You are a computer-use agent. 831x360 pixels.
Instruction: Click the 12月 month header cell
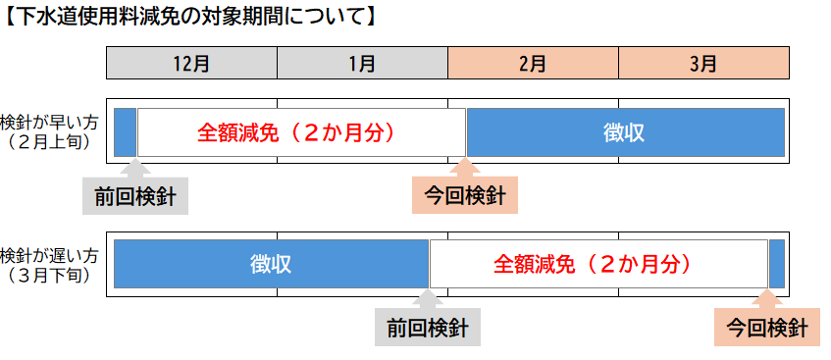pyautogui.click(x=191, y=64)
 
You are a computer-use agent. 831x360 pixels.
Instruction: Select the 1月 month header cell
pyautogui.click(x=362, y=64)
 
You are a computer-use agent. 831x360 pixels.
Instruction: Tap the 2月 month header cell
pyautogui.click(x=533, y=64)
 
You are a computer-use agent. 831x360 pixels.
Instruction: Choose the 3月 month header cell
pyautogui.click(x=703, y=64)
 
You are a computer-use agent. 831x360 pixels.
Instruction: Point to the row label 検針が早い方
pyautogui.click(x=50, y=121)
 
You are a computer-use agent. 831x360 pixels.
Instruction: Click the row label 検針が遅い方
pyautogui.click(x=50, y=255)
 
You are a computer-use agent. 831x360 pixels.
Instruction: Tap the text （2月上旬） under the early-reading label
pyautogui.click(x=50, y=141)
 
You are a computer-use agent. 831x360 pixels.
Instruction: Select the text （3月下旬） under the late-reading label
pyautogui.click(x=50, y=276)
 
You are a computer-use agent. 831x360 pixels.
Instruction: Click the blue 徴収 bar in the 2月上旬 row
pyautogui.click(x=625, y=132)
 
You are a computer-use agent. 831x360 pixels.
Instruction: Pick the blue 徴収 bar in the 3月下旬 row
pyautogui.click(x=271, y=265)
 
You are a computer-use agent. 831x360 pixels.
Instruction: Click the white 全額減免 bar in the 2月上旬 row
pyautogui.click(x=301, y=132)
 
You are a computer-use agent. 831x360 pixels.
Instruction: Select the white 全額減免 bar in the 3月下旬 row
pyautogui.click(x=598, y=265)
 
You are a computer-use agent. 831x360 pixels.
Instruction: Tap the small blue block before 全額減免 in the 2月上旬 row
pyautogui.click(x=125, y=132)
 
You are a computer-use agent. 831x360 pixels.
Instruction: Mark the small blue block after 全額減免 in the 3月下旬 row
pyautogui.click(x=776, y=265)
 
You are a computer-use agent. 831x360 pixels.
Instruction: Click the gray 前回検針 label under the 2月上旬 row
pyautogui.click(x=135, y=196)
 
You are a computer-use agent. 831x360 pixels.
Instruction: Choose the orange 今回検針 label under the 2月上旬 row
pyautogui.click(x=465, y=196)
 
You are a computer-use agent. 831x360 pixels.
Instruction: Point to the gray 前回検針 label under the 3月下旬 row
pyautogui.click(x=428, y=328)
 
